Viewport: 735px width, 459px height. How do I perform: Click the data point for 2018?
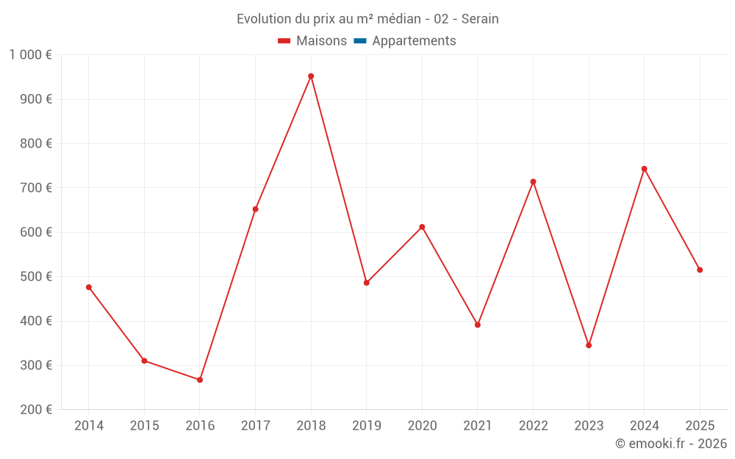click(311, 76)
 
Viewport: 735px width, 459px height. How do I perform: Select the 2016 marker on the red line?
click(200, 380)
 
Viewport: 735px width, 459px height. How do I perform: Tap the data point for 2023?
click(589, 345)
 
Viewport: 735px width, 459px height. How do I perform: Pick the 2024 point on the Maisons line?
click(644, 169)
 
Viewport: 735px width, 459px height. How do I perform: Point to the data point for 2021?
click(478, 325)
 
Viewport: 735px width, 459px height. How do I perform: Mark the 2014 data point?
click(89, 287)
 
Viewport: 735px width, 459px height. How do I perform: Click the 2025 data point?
click(700, 270)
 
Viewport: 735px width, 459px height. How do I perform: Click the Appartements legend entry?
click(414, 41)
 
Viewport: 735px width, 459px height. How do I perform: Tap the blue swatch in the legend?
click(360, 41)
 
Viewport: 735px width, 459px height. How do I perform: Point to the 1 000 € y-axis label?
click(31, 55)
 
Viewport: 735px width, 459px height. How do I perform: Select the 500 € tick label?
click(36, 277)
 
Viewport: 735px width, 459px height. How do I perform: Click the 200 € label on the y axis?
click(36, 410)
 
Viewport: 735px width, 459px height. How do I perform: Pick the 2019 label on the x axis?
click(367, 426)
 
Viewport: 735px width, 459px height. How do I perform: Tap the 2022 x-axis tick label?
click(534, 426)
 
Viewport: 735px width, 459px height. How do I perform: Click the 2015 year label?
click(144, 426)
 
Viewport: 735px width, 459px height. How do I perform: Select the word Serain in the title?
click(480, 19)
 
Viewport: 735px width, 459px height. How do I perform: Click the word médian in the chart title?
click(400, 19)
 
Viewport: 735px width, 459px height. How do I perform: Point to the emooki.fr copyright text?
click(671, 444)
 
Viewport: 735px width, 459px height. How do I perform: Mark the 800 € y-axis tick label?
click(36, 144)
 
